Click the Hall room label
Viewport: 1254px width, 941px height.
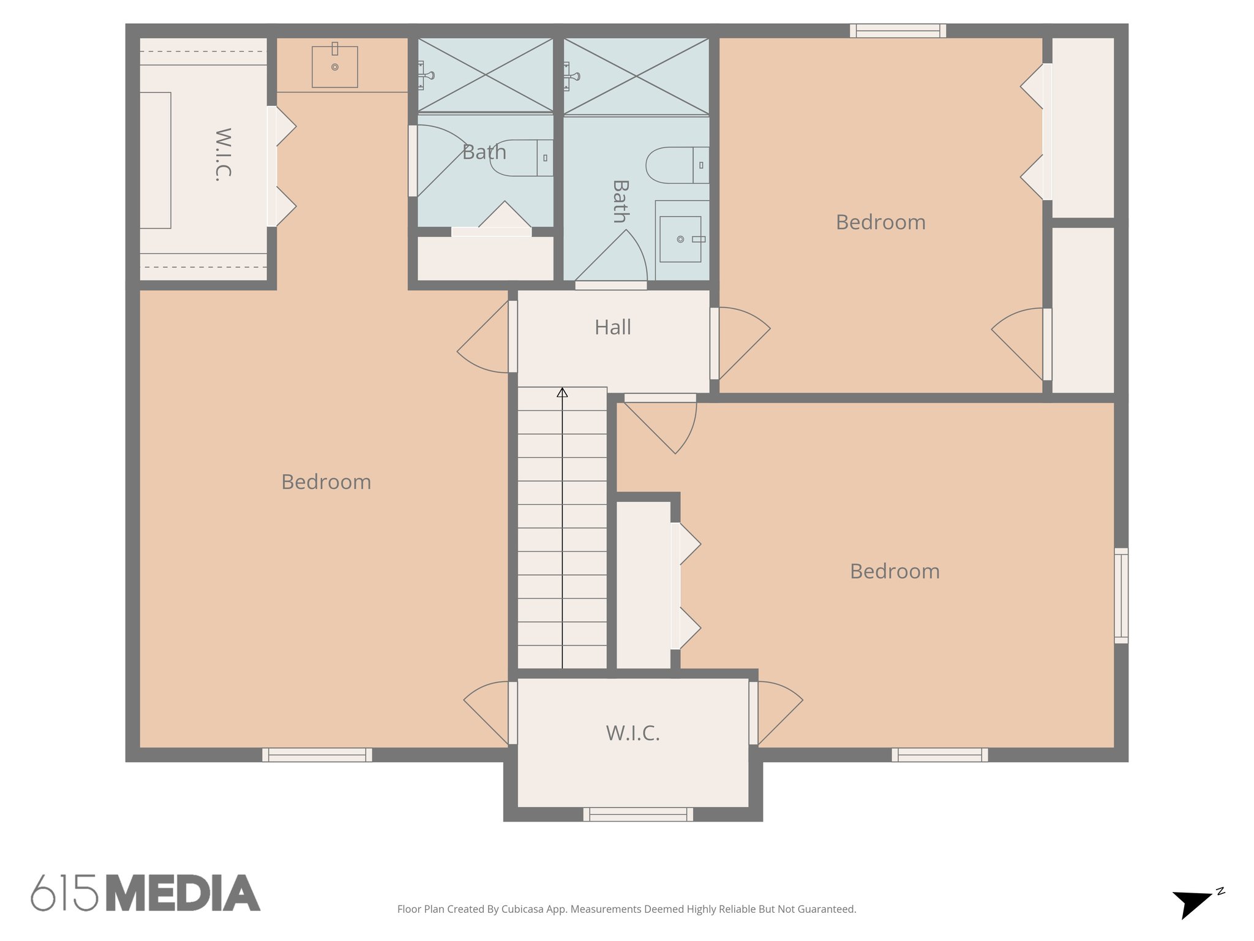tap(612, 327)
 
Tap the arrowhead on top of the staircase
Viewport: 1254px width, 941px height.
tap(562, 392)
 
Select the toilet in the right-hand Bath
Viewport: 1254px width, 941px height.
tap(677, 165)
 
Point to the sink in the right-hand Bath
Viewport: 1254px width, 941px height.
tap(681, 239)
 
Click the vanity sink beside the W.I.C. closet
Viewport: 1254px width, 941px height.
tap(335, 67)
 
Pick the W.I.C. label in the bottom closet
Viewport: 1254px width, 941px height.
tap(633, 733)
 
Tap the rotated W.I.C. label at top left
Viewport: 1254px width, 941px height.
tap(223, 154)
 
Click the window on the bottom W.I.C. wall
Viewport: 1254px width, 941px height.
tap(637, 814)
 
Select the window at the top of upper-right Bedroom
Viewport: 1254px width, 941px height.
tap(898, 31)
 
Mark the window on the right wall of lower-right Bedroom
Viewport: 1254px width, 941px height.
tap(1121, 595)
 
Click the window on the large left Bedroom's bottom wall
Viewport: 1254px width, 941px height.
tap(317, 755)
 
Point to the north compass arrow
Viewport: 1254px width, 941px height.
tap(1192, 904)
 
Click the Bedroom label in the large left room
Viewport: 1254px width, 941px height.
tap(326, 482)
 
